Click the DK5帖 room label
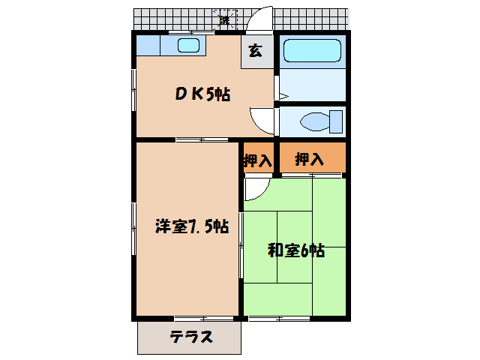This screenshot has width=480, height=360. click(202, 94)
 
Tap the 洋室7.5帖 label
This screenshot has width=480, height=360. click(192, 226)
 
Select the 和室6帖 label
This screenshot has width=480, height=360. click(296, 250)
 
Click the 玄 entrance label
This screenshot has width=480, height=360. click(256, 51)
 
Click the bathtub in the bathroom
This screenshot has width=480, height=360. click(312, 52)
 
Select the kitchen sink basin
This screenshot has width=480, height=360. click(189, 45)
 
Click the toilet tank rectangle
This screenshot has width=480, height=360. click(336, 121)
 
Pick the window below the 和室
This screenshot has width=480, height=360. click(276, 318)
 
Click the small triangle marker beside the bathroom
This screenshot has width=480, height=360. click(283, 95)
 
